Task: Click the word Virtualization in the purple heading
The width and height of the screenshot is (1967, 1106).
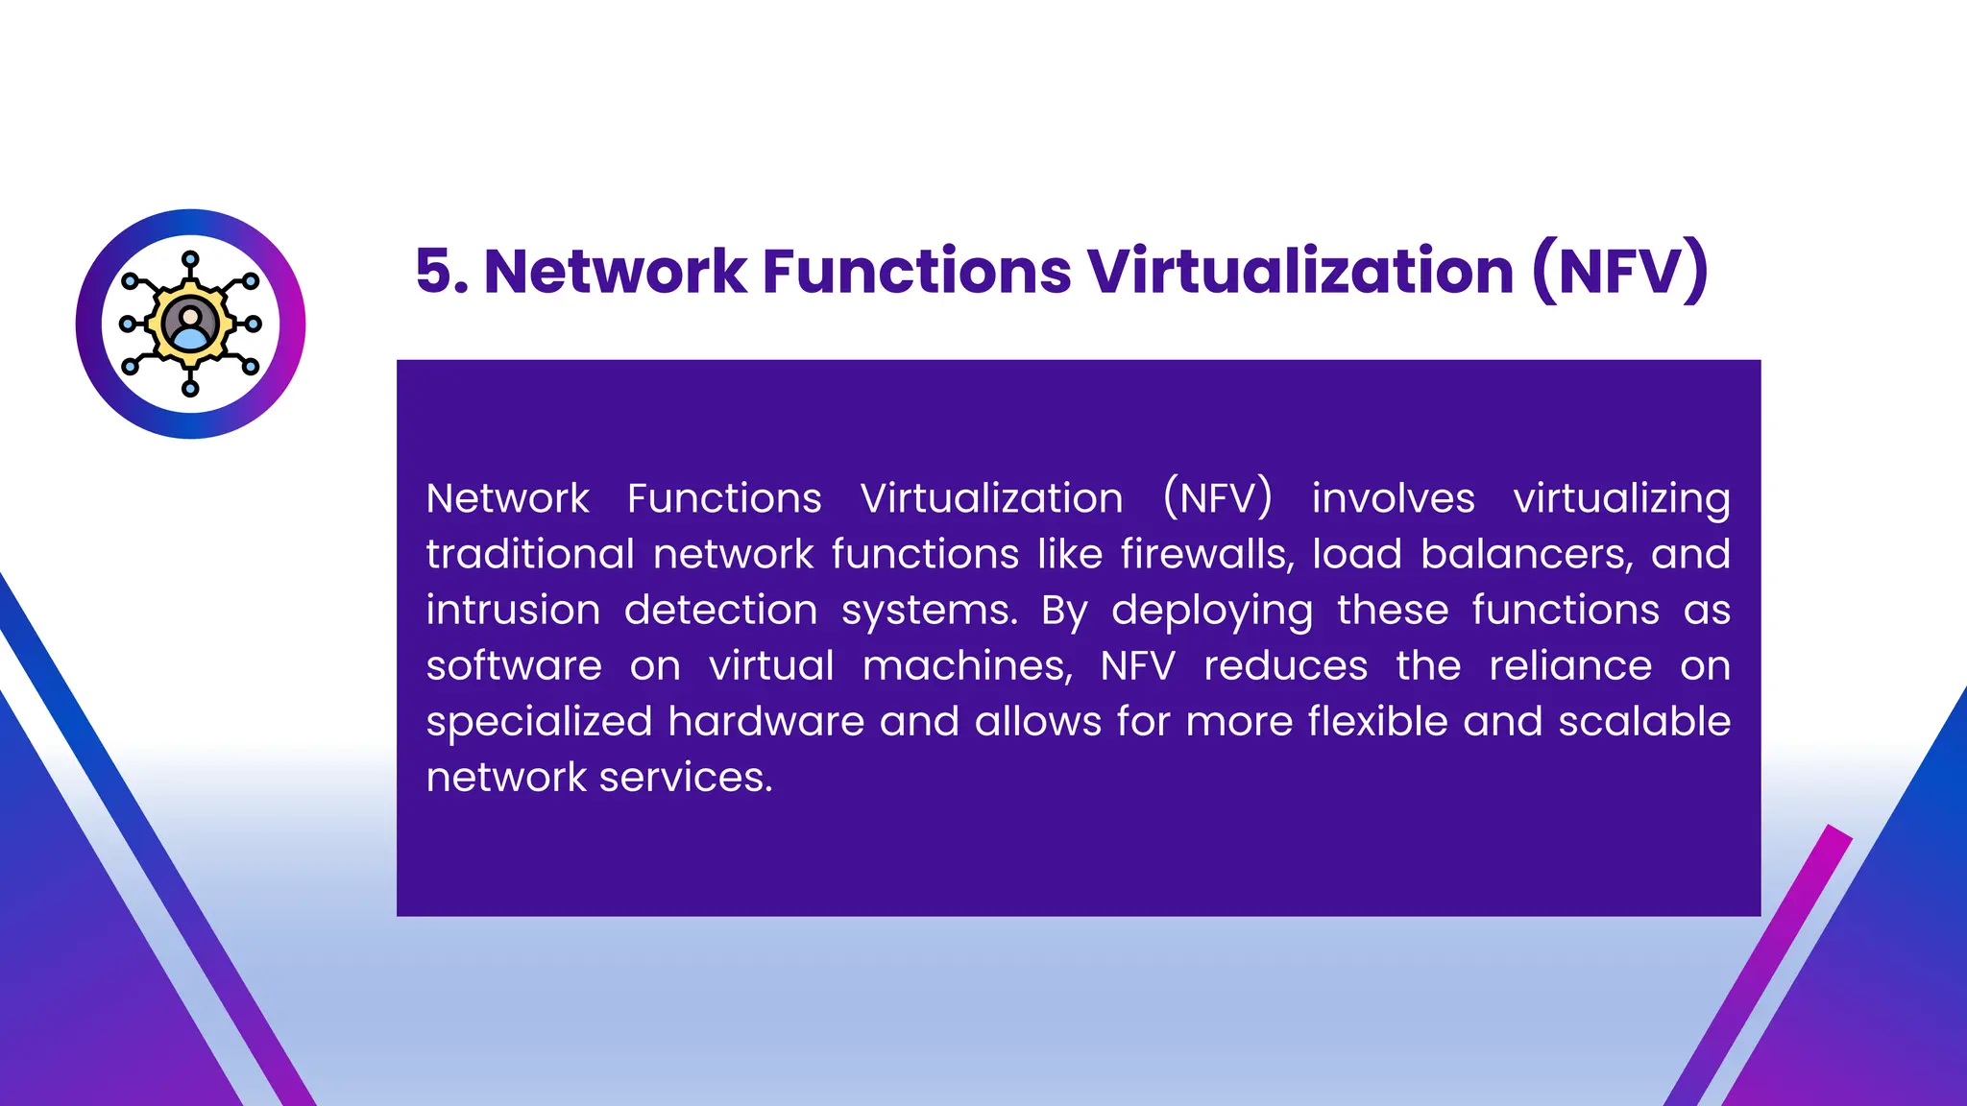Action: pos(1300,271)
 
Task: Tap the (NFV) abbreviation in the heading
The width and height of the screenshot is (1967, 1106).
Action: pos(1619,271)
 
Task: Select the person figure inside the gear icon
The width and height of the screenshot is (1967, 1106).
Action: pos(190,325)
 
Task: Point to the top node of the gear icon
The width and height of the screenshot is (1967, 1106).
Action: pos(190,259)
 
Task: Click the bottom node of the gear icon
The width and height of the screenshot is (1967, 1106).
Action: pos(190,389)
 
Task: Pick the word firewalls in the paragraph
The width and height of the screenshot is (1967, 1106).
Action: pos(1207,554)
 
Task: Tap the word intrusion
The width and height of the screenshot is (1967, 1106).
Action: pos(513,610)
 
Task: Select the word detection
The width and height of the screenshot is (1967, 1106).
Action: pos(720,610)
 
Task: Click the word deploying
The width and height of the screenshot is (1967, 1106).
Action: pos(1212,612)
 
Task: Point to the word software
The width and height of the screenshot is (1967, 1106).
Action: pos(514,665)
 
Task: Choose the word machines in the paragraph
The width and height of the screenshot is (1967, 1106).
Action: pos(967,665)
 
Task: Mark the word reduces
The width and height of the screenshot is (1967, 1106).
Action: pos(1285,665)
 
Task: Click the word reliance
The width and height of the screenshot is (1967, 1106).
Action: pos(1570,665)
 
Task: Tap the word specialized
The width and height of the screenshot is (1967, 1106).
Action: pos(539,722)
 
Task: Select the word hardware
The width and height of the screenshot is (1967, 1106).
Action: pos(766,721)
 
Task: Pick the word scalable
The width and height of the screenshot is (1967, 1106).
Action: pos(1644,721)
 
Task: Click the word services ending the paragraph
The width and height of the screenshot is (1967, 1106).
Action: pos(686,777)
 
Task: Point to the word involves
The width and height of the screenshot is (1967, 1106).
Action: pos(1393,498)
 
